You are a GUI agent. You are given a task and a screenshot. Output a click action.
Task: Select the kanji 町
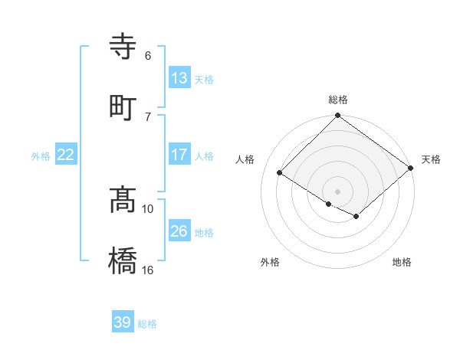(123, 108)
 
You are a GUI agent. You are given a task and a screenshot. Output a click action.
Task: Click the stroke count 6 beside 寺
(147, 55)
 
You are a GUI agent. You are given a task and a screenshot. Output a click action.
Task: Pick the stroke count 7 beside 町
(147, 116)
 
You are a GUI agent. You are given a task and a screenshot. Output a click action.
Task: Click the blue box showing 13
(179, 78)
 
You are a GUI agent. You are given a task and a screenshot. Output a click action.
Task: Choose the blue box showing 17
(179, 155)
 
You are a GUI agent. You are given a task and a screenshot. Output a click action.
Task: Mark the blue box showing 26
(179, 231)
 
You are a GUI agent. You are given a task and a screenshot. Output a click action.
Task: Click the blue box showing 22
(65, 155)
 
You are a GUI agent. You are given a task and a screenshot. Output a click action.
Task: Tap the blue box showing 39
(122, 322)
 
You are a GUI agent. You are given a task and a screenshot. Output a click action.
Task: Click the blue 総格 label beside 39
(147, 324)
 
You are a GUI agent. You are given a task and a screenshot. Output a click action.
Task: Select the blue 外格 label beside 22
(41, 156)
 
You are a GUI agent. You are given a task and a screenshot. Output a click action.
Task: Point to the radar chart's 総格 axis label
(338, 100)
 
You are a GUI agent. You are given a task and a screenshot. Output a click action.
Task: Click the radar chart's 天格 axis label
(431, 159)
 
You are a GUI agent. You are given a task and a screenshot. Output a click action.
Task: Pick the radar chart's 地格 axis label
(402, 263)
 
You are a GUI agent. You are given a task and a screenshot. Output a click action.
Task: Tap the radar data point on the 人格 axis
(280, 173)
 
